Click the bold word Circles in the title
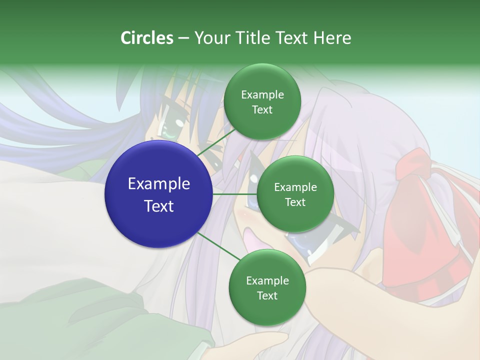coord(147,38)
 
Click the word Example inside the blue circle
coord(159,184)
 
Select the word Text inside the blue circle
coord(159,206)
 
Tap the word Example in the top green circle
coord(262,94)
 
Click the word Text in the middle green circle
coord(295,202)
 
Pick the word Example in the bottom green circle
coord(267,280)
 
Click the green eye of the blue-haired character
coord(167,131)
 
